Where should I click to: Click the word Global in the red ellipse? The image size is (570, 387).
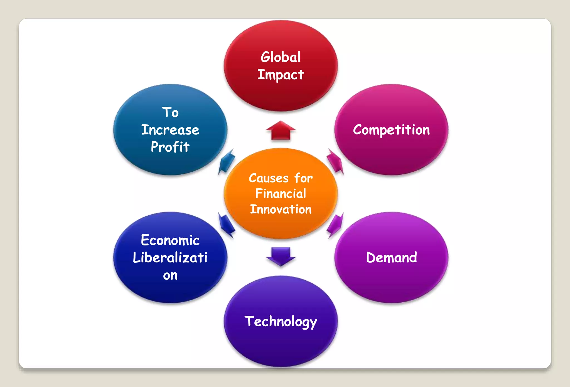pos(281,57)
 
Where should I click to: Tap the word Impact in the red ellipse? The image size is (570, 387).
pos(281,75)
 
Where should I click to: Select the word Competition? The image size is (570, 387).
pos(391,130)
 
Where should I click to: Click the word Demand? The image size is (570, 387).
pos(391,257)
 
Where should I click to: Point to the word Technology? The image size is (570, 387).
pos(281,322)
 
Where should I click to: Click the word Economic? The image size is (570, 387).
pos(170,240)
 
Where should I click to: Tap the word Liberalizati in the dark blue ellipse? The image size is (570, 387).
pos(170,257)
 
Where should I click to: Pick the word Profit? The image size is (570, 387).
pos(170,147)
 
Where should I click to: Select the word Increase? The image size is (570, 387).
pos(170,130)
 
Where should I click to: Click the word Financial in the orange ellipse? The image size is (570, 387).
pos(281,194)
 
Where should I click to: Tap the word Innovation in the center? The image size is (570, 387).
pos(281,209)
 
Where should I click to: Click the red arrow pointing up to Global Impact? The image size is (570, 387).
pos(281,130)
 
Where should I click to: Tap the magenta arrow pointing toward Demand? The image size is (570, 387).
pos(335,225)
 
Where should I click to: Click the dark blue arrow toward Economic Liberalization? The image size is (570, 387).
pos(227,225)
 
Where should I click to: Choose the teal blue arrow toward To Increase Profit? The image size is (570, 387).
pos(227,162)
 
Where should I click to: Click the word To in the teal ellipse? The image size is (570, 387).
pos(170,112)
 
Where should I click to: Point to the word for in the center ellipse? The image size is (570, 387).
pos(303,178)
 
